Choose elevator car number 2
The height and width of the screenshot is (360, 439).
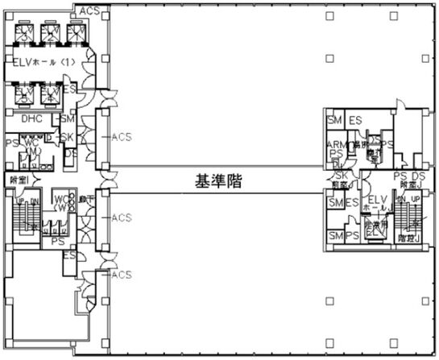coord(52,35)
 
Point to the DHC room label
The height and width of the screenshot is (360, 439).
coord(31,119)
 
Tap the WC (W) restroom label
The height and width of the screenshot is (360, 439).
coord(61,202)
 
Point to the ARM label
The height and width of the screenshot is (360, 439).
coord(336,144)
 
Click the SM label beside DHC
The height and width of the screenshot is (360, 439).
coord(68,119)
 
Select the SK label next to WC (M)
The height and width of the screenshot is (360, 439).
coord(68,138)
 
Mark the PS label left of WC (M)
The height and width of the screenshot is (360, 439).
coord(10,143)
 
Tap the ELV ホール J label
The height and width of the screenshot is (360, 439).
coord(376,204)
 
